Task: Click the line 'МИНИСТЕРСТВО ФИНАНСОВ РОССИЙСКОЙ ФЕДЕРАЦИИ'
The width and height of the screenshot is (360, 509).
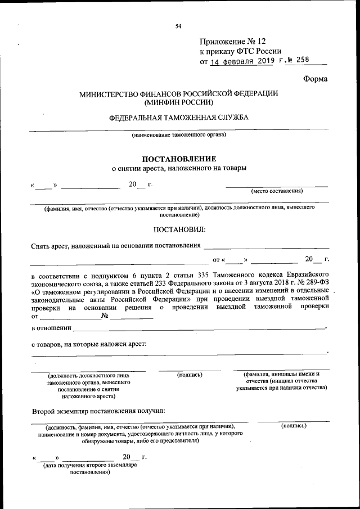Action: [178, 93]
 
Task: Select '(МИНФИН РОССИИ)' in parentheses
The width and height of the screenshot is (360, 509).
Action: [178, 103]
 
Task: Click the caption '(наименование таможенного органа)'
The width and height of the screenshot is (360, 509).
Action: [179, 136]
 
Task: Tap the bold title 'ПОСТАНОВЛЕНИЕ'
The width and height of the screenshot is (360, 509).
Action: [178, 159]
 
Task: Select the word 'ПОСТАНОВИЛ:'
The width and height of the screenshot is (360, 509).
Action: [179, 229]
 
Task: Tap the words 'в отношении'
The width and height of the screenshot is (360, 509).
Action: [51, 328]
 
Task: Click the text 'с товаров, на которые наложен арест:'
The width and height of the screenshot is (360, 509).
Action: [89, 343]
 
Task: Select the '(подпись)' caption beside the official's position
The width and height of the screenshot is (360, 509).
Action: [190, 374]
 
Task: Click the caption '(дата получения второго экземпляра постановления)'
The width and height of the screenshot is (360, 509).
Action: [89, 469]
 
